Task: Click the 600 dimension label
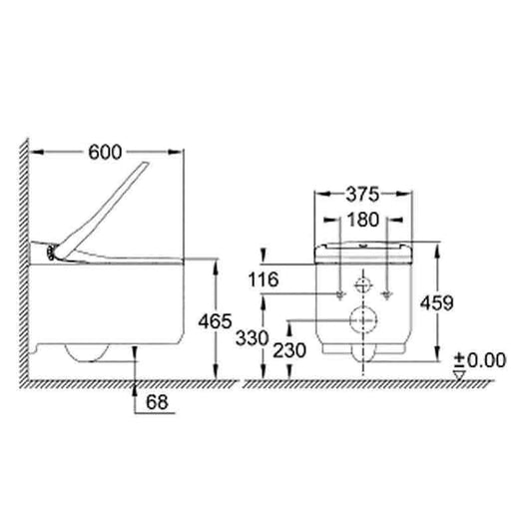105,152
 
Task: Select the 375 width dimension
363,195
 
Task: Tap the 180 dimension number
363,220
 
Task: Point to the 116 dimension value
264,279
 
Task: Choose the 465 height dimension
215,320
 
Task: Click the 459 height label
436,302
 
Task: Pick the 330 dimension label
252,337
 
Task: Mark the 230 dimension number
289,350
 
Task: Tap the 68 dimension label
157,402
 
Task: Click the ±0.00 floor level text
480,360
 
